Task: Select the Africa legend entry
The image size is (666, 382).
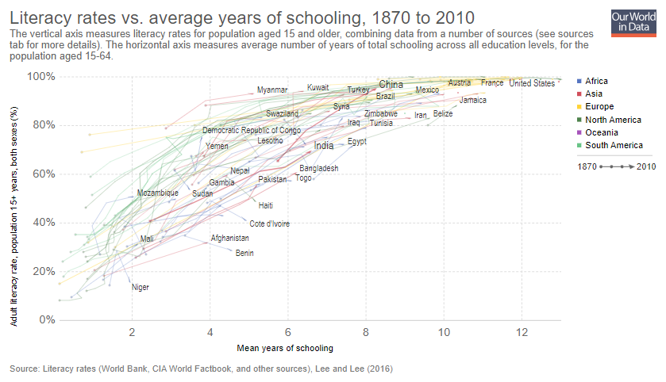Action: (x=597, y=82)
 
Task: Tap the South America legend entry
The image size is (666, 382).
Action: (x=613, y=145)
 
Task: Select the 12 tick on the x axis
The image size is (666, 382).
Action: (x=521, y=331)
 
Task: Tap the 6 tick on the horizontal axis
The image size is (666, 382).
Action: (x=287, y=331)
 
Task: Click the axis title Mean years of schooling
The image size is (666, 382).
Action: (x=285, y=348)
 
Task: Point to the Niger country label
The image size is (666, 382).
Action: (x=140, y=287)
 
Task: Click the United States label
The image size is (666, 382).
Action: (x=532, y=83)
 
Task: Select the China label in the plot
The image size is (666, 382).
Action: (x=391, y=85)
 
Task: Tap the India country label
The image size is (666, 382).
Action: (x=323, y=146)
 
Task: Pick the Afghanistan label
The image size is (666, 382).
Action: (x=229, y=238)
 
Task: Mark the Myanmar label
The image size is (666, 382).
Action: (x=271, y=90)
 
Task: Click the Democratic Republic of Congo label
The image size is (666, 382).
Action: (x=251, y=130)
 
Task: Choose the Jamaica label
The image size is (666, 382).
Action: (x=473, y=101)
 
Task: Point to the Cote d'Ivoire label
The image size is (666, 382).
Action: (x=269, y=223)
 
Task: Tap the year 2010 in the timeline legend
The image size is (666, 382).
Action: (x=645, y=166)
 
